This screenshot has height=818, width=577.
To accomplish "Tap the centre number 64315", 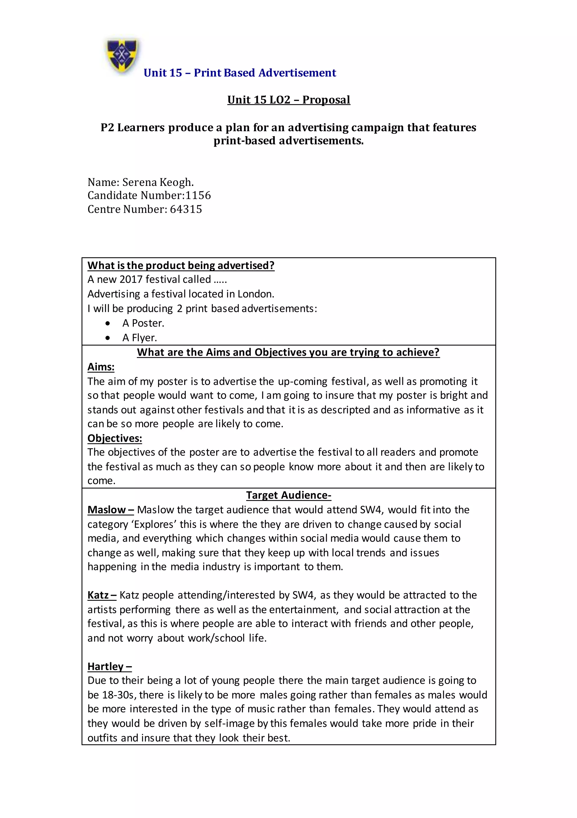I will point(186,209).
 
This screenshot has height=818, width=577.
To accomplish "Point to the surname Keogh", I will point(176,182).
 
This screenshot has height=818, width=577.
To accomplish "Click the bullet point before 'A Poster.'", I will point(108,323).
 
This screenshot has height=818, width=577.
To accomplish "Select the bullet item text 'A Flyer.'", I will point(139,337).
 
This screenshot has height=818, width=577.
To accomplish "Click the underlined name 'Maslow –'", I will point(110,509).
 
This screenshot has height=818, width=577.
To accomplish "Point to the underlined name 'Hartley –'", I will point(110,666).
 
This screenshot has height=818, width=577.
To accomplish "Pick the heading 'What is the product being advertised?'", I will point(181,265).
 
